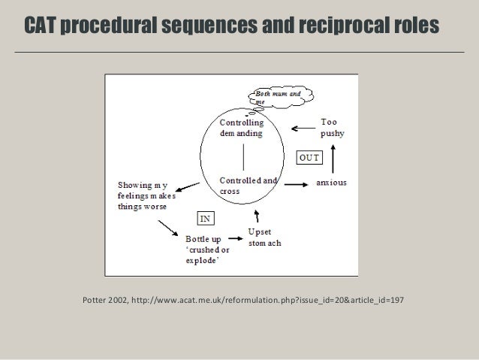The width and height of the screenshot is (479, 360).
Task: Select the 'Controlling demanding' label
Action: [241, 128]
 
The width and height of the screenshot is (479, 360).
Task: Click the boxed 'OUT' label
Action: [309, 158]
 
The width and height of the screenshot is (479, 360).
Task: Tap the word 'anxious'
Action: [331, 183]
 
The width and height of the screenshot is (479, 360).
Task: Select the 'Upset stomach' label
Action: [266, 237]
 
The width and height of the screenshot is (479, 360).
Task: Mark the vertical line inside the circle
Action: [243, 157]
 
